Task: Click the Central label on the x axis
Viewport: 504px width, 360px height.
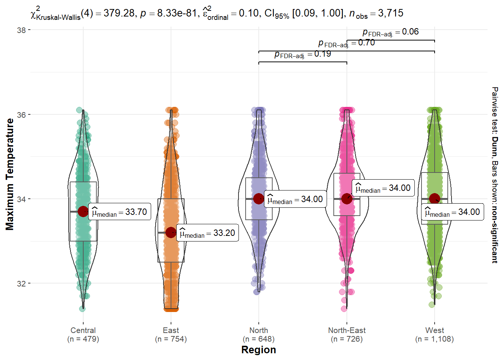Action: pos(83,330)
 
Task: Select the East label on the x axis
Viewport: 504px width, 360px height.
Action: pos(171,330)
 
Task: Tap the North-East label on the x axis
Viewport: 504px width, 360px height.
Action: pos(347,330)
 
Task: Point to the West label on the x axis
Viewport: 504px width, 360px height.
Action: pos(435,330)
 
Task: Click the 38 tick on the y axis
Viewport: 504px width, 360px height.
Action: pos(21,30)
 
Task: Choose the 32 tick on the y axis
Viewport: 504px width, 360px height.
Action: pos(21,283)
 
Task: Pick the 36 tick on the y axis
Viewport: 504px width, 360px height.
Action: pos(21,115)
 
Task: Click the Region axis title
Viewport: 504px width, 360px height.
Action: pos(258,350)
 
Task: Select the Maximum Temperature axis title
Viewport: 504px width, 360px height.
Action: pos(10,174)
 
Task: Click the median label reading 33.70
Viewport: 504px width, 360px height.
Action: pos(120,212)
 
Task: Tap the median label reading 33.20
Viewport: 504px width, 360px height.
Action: pos(207,233)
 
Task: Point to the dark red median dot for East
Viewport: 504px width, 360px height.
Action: pos(171,232)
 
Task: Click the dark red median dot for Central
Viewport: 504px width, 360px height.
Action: pos(83,211)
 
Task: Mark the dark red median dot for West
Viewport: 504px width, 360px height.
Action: pos(435,198)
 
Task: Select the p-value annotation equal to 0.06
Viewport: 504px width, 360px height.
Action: pos(390,32)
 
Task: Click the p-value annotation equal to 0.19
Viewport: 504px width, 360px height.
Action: pos(303,54)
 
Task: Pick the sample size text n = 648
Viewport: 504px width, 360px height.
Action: pos(259,339)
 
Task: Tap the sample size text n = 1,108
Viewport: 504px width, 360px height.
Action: pos(435,339)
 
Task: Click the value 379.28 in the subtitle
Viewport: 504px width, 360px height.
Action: pos(119,13)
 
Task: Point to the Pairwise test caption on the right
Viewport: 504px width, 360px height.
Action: pos(495,175)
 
